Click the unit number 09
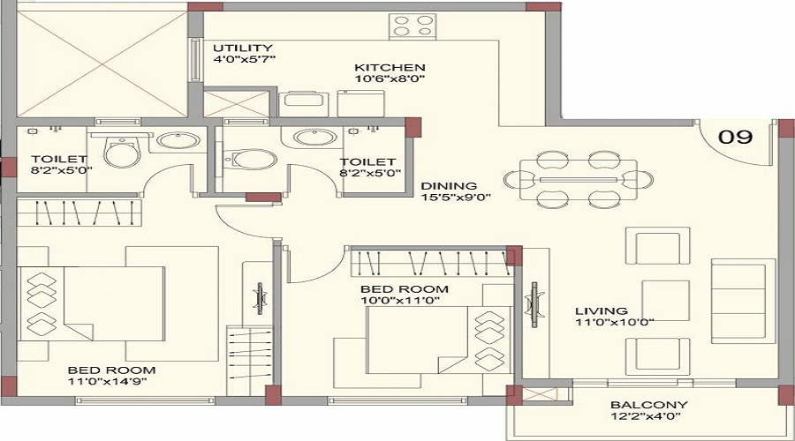click(x=735, y=136)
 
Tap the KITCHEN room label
click(x=390, y=67)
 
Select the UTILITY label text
click(x=242, y=49)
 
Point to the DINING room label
click(x=449, y=186)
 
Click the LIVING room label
click(x=602, y=310)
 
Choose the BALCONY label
click(x=649, y=405)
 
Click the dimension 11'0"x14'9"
click(x=108, y=381)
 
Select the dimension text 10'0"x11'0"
click(x=400, y=300)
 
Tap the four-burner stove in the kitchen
click(x=413, y=26)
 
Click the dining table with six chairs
click(x=579, y=180)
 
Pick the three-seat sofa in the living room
click(x=743, y=302)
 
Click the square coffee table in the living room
click(x=666, y=300)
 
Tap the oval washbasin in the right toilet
click(x=314, y=138)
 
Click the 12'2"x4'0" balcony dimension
click(x=647, y=416)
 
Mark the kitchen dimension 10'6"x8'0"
click(x=390, y=78)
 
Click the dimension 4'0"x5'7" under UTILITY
click(x=245, y=59)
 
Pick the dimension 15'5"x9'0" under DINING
click(x=456, y=197)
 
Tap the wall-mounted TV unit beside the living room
click(x=534, y=305)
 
